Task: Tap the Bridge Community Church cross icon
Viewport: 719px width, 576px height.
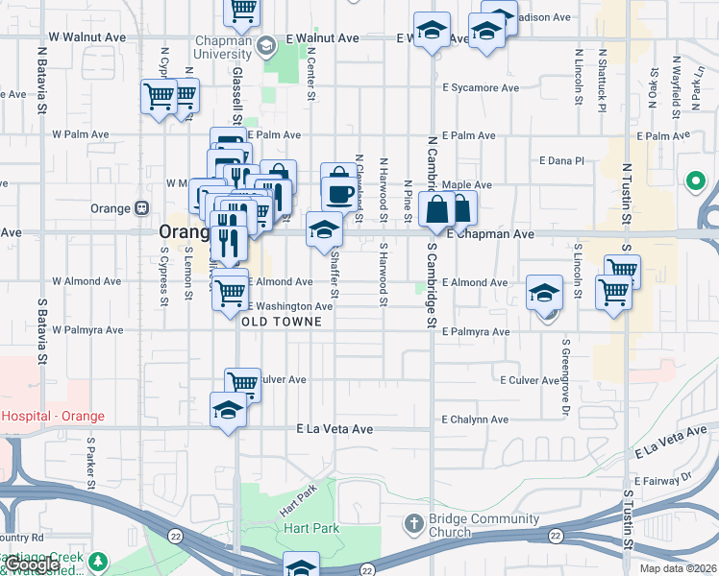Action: pos(413,524)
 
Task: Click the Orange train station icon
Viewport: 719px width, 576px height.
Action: pos(141,208)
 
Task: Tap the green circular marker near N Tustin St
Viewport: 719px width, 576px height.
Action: pos(695,180)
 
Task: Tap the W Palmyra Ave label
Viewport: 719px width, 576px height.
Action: pos(87,330)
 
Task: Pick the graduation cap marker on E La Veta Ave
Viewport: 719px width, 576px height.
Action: pos(228,410)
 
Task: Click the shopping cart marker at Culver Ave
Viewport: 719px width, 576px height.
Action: pos(243,383)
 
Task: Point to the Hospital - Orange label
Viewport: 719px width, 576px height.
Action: pos(53,417)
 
